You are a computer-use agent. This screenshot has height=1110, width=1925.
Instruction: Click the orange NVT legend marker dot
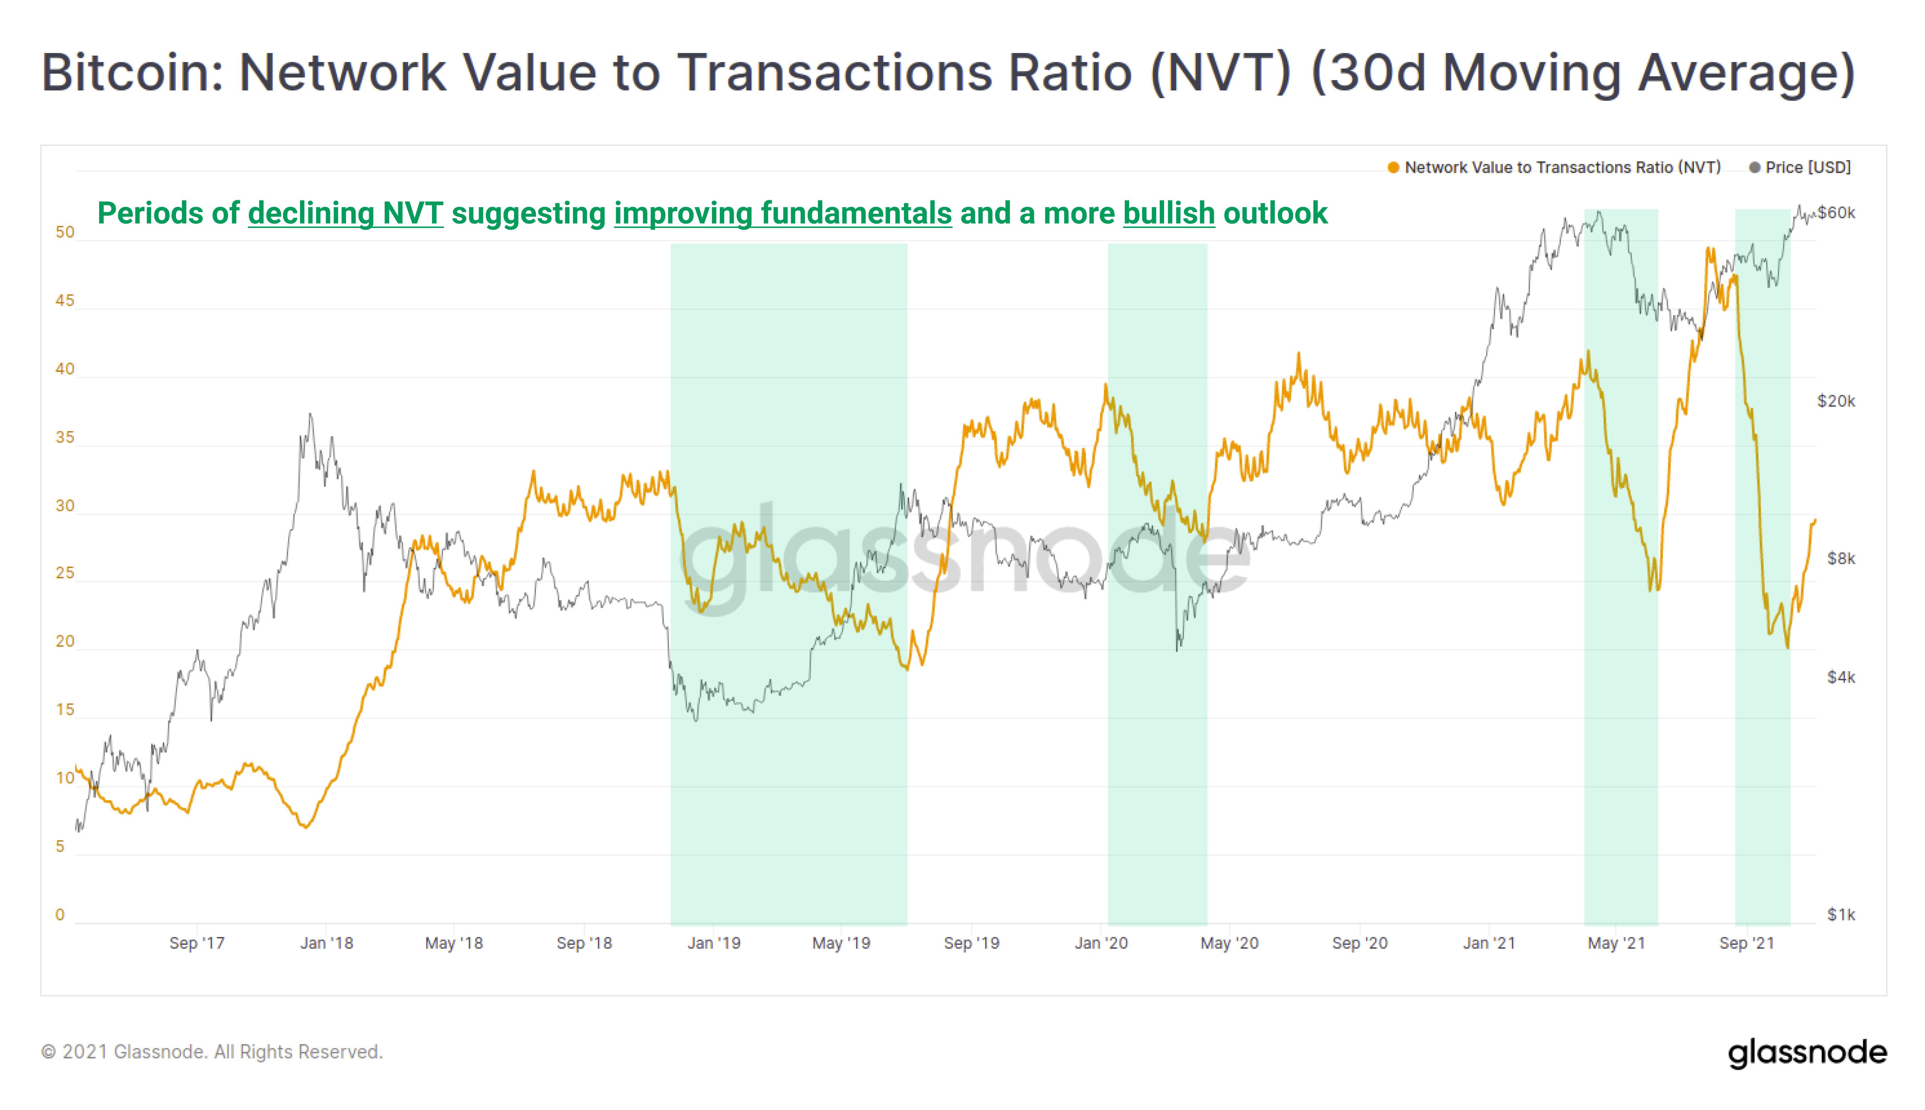pos(1393,168)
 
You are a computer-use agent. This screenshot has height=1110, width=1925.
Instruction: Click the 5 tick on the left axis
pos(60,846)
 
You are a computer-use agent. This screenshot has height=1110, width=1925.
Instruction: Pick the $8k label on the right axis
pos(1840,559)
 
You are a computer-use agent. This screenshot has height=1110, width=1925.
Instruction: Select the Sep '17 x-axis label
pos(197,943)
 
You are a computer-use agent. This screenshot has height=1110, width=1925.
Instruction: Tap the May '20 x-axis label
pos(1229,943)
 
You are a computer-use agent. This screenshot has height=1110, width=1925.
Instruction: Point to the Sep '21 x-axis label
pos(1746,943)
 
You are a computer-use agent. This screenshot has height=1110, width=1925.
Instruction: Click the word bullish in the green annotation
pos(1168,213)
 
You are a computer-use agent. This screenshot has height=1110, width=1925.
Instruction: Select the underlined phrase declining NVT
pos(345,213)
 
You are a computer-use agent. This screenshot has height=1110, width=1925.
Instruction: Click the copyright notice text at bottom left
pos(212,1052)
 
